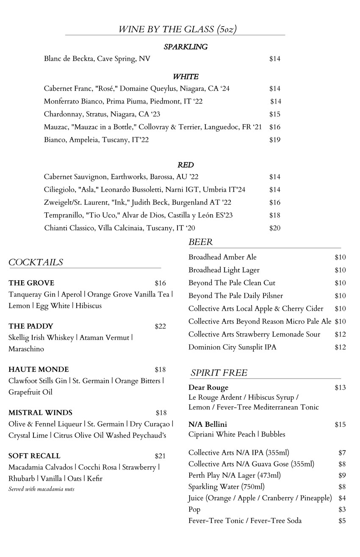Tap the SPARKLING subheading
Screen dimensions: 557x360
tap(186, 47)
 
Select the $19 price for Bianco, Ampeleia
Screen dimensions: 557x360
tap(275, 140)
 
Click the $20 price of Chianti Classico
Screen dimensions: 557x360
tap(275, 228)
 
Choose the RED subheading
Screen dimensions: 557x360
tap(186, 165)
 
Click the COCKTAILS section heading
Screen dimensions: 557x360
tap(36, 262)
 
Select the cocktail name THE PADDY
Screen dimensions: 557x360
tap(31, 326)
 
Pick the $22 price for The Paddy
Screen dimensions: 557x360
tap(160, 326)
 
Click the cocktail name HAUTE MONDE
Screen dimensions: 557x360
tap(39, 370)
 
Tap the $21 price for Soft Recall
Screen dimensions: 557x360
tap(160, 456)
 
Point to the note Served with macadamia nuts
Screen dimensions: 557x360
tap(42, 489)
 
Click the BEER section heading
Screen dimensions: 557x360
tap(200, 242)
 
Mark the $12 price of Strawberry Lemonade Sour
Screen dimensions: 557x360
tap(340, 334)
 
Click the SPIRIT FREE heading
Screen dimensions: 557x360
tap(219, 373)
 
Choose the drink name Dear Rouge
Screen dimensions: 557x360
tap(208, 387)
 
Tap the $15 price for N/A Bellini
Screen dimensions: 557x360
tap(340, 424)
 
